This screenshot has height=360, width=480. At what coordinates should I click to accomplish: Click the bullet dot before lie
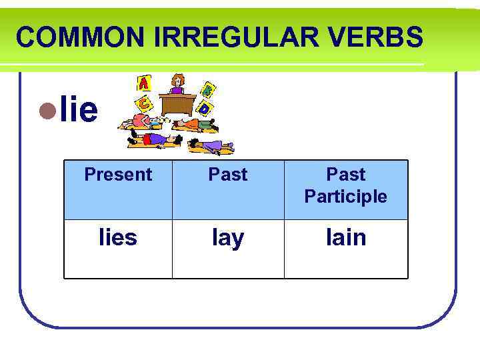tap(45, 111)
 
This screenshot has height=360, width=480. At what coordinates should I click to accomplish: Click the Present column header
tap(118, 175)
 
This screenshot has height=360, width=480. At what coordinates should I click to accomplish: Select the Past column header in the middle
tap(228, 175)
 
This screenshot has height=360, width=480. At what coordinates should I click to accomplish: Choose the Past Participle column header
tap(345, 185)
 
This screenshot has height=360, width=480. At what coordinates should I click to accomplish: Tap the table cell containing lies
tap(118, 237)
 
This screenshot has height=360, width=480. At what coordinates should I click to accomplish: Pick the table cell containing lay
tap(228, 238)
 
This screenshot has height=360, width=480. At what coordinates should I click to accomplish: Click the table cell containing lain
tap(345, 237)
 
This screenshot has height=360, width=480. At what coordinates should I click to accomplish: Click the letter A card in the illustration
tap(143, 83)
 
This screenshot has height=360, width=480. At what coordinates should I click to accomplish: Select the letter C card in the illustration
tap(143, 103)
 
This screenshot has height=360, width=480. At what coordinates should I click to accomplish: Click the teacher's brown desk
tap(177, 104)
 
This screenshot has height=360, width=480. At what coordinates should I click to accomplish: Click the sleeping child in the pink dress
tap(143, 121)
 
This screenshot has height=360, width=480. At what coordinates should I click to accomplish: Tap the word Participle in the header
tap(345, 197)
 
